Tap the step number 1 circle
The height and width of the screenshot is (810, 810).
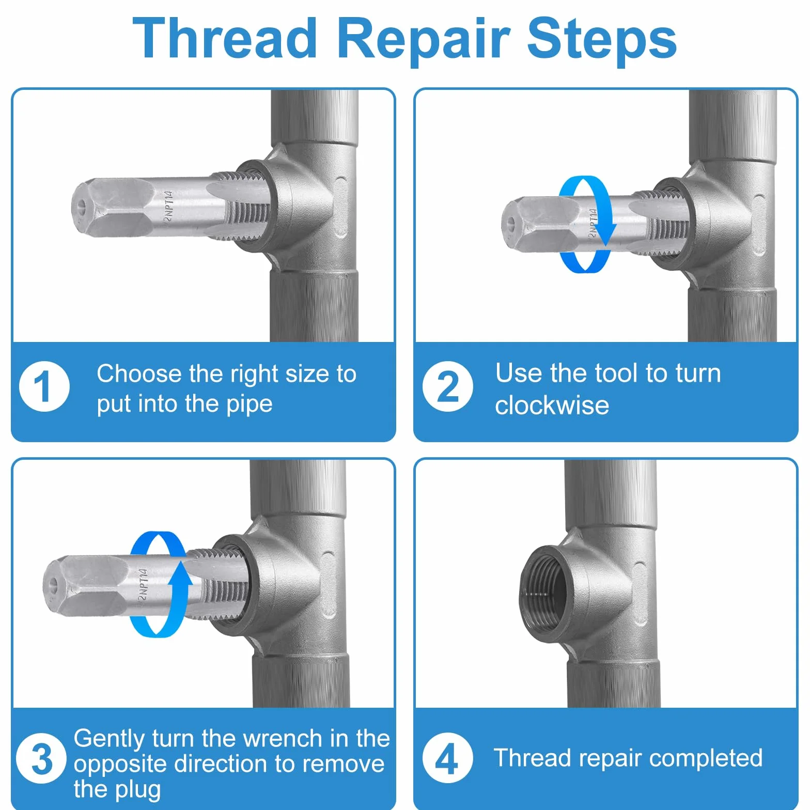point(44,386)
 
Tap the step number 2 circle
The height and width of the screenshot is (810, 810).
point(447,386)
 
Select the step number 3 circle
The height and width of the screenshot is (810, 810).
point(41,758)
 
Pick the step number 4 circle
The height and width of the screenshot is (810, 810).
point(447,758)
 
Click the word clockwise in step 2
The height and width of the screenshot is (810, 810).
point(552,405)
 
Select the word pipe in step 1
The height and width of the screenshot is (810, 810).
point(249,404)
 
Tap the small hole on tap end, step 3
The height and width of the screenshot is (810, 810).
point(53,584)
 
